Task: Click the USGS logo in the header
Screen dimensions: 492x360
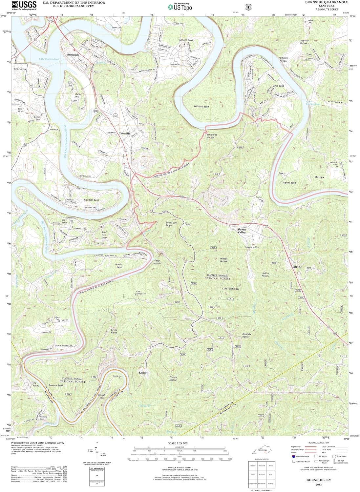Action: pyautogui.click(x=24, y=5)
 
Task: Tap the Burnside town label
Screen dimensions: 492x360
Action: pyautogui.click(x=73, y=55)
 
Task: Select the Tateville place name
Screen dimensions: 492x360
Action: pyautogui.click(x=125, y=133)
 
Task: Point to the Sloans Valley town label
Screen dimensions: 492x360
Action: pyautogui.click(x=242, y=231)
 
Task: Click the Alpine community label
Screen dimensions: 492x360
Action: pyautogui.click(x=297, y=267)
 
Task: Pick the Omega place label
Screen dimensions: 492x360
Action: pyautogui.click(x=319, y=177)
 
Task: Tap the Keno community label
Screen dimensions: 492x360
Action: pyautogui.click(x=142, y=373)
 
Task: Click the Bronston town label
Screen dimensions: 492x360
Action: pyautogui.click(x=20, y=69)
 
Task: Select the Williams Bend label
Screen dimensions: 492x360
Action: pyautogui.click(x=201, y=107)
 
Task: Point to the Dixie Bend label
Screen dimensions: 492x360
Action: pyautogui.click(x=278, y=86)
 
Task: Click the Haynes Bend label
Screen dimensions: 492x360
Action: pyautogui.click(x=289, y=183)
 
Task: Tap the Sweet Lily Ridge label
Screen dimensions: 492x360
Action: pyautogui.click(x=171, y=224)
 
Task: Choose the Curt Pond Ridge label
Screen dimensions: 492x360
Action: pyautogui.click(x=231, y=289)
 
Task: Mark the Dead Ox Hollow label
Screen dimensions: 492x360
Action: pyautogui.click(x=246, y=336)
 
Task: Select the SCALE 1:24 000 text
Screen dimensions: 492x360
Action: pyautogui.click(x=178, y=443)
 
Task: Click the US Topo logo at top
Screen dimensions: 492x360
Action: pyautogui.click(x=180, y=7)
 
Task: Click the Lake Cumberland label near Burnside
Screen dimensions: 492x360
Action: pyautogui.click(x=49, y=59)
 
